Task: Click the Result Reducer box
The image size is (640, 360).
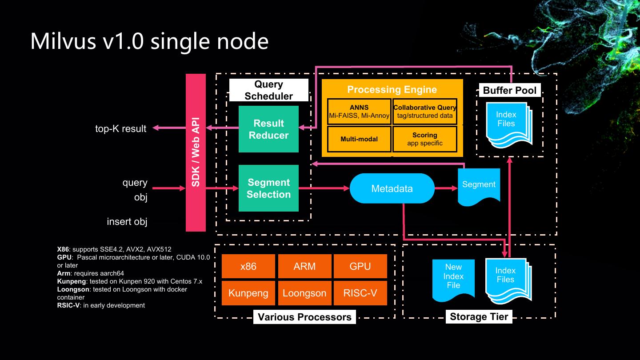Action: [268, 129]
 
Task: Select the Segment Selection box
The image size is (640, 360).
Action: [268, 188]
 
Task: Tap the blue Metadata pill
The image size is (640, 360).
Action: [392, 188]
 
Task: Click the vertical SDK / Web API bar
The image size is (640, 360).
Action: [196, 152]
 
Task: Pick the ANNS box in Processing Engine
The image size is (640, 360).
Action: [359, 112]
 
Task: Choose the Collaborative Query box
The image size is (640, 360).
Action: [425, 112]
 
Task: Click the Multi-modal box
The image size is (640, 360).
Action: [359, 139]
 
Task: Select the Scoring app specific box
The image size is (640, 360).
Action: [425, 139]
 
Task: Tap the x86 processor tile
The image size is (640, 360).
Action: [248, 266]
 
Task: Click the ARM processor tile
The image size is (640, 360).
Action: [304, 266]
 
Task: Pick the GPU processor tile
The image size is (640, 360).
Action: [360, 266]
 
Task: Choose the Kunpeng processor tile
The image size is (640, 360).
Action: [248, 293]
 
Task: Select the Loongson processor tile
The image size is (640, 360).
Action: [304, 293]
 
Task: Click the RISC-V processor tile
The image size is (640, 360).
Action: [360, 293]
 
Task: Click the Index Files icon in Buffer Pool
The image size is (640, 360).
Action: [507, 122]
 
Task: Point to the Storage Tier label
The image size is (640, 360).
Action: [479, 316]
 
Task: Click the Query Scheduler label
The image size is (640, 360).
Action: [268, 90]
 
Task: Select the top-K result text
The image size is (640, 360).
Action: [120, 129]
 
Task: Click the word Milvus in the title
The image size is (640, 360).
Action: [64, 41]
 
